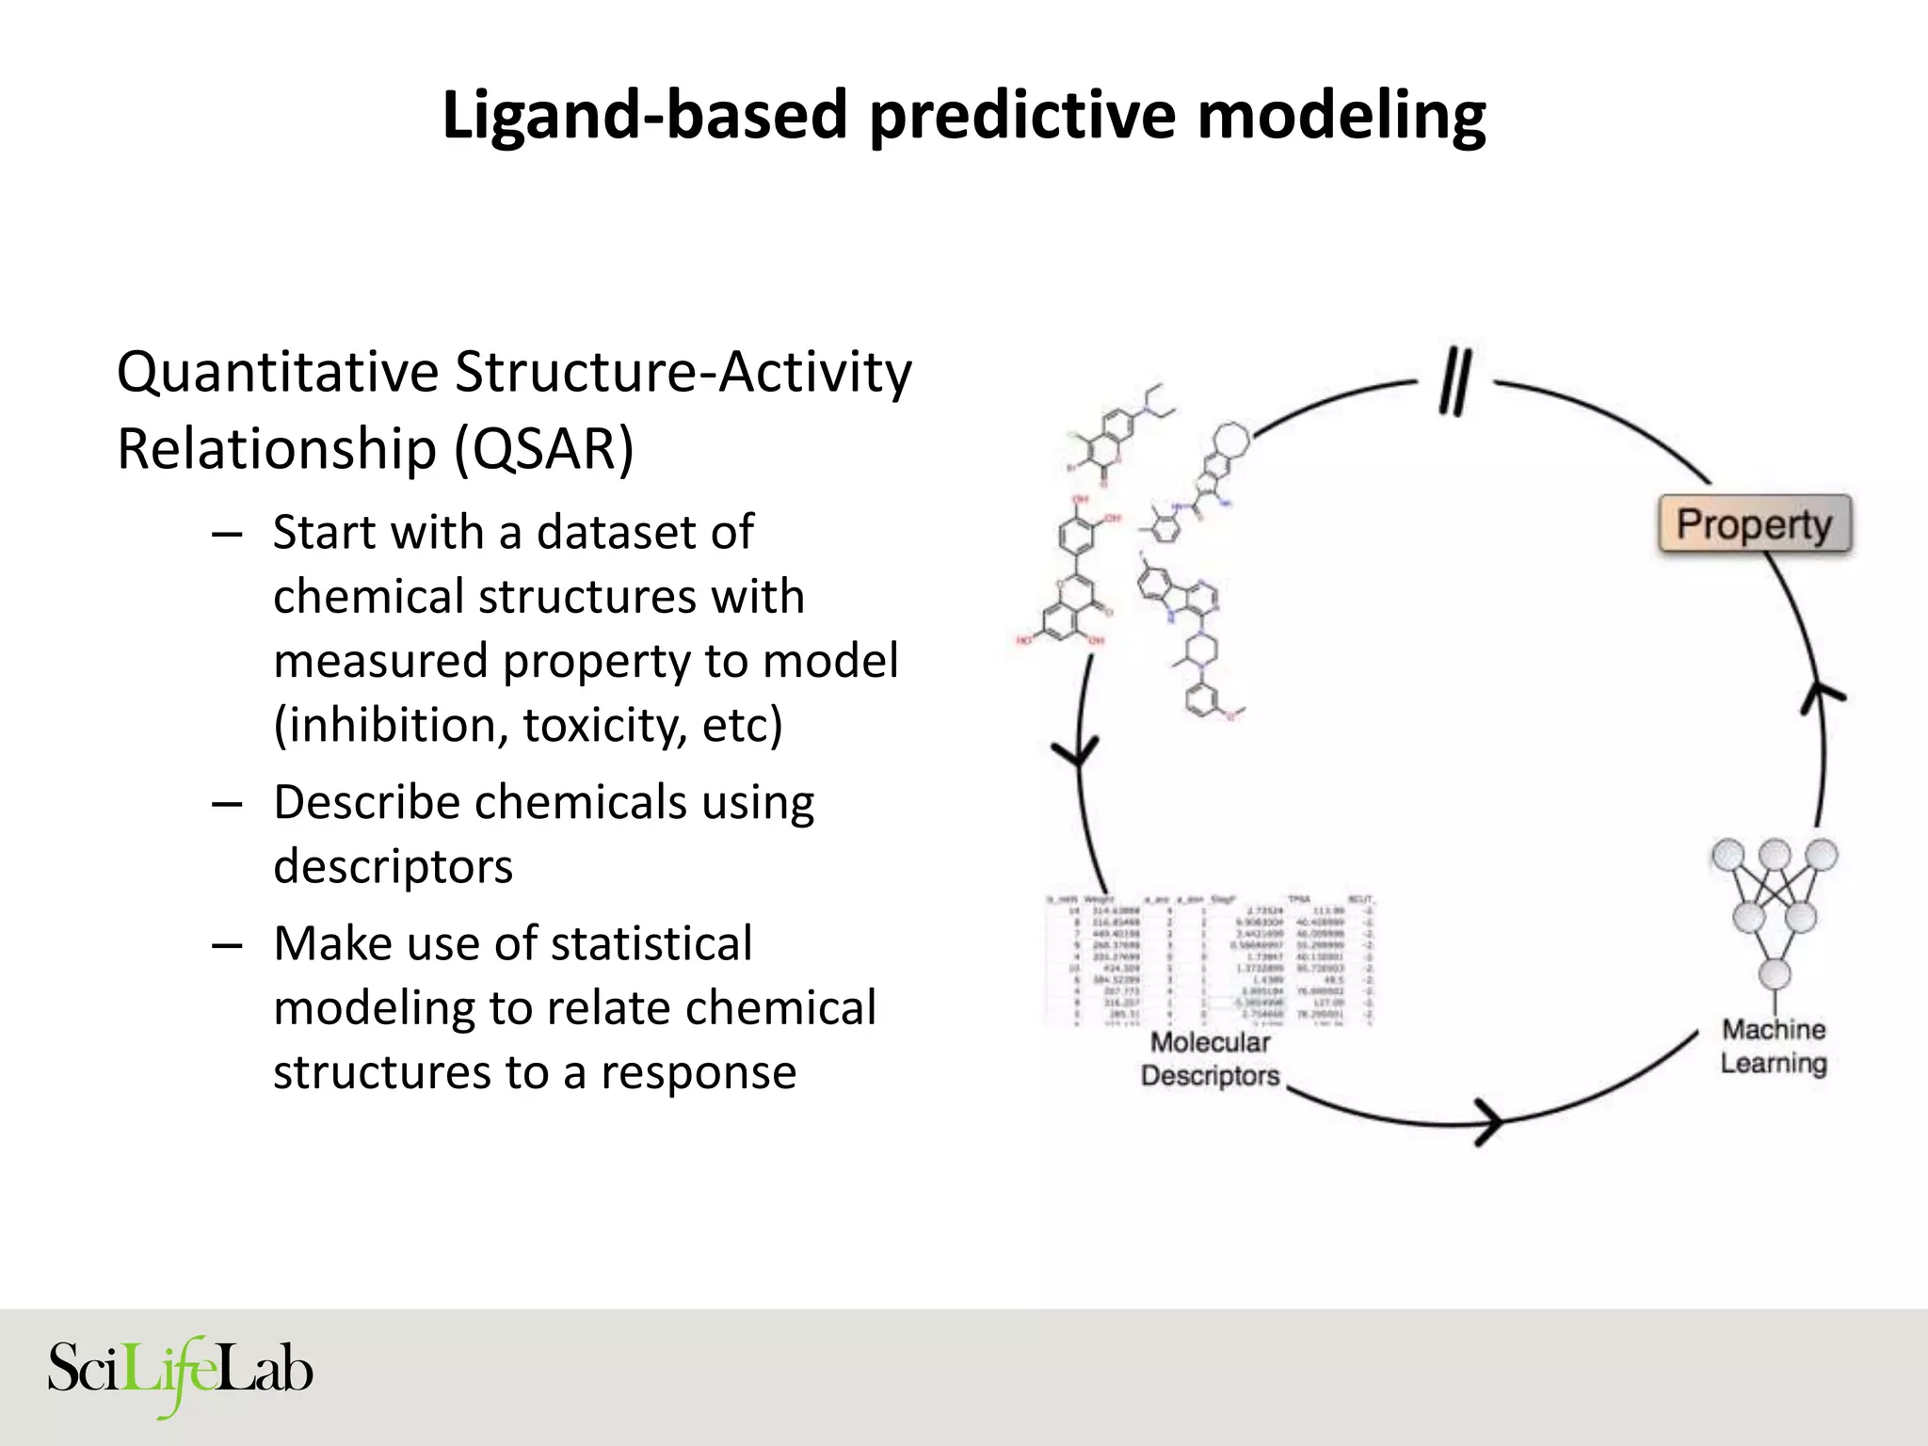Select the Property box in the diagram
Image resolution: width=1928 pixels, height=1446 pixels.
point(1755,524)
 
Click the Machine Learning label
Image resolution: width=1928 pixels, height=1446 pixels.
point(1774,1046)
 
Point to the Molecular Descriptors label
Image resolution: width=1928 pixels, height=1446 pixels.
point(1211,1059)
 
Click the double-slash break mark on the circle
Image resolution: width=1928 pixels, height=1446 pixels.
point(1455,380)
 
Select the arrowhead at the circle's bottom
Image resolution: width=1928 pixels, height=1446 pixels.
point(1491,1121)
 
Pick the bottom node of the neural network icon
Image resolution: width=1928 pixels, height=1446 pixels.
point(1775,973)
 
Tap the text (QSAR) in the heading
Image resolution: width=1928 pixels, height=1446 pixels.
point(544,448)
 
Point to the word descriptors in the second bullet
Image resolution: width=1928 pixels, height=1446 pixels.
point(393,866)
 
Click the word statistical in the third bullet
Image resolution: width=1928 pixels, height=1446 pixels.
point(651,943)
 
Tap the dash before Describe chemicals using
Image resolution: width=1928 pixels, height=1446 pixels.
point(227,803)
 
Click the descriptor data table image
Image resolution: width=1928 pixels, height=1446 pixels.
point(1211,958)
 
